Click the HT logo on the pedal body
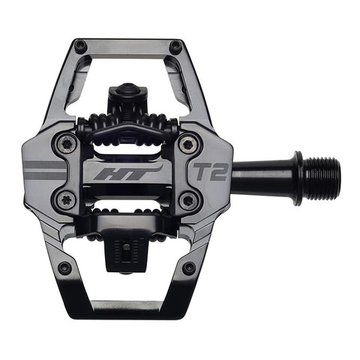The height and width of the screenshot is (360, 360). coord(127,172)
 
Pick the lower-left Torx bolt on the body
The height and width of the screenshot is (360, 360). coord(62,199)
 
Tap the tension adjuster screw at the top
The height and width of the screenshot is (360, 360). coord(126,94)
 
